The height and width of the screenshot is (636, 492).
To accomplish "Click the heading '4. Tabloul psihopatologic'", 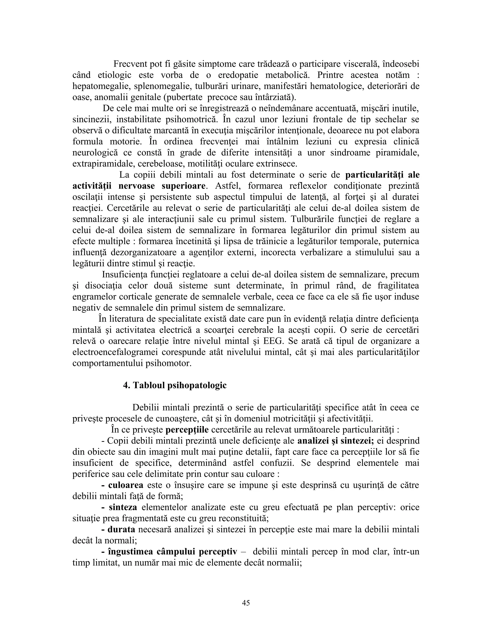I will [175, 385].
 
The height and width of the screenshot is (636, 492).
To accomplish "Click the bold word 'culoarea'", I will [126, 485].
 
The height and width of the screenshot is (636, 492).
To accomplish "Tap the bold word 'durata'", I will [122, 529].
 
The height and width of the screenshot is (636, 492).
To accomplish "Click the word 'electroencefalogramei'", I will [115, 352].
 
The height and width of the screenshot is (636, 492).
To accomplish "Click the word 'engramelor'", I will [94, 297].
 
